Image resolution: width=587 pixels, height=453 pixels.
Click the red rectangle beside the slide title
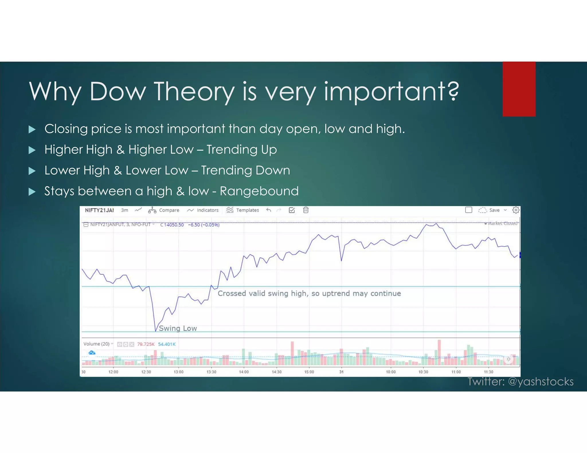[519, 89]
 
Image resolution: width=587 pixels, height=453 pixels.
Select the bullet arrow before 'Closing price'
[32, 129]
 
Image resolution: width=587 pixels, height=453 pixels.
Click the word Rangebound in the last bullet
[259, 191]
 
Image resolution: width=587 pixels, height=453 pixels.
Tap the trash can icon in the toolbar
[306, 210]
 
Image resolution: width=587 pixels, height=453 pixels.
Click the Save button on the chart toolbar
[494, 210]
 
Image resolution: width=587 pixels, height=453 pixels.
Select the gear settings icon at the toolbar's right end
[516, 210]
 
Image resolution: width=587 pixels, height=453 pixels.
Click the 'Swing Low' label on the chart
[178, 328]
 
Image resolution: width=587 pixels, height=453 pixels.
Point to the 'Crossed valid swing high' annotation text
[309, 294]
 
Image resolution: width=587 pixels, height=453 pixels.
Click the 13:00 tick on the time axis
[179, 372]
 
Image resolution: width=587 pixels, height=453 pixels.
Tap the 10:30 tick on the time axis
[423, 372]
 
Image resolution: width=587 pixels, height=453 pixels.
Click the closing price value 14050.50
[173, 225]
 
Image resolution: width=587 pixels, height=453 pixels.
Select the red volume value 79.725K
[146, 344]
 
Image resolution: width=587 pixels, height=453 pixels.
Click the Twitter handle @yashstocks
[541, 382]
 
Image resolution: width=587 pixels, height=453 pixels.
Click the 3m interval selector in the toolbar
[124, 210]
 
